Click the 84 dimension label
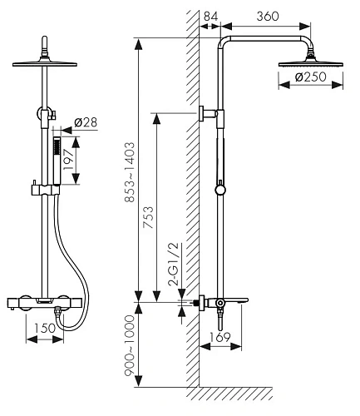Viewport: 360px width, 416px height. coord(210,16)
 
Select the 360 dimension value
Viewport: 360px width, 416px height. coord(268,16)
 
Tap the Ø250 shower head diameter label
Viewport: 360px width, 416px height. coord(311,77)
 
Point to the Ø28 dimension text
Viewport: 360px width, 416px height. coord(86,122)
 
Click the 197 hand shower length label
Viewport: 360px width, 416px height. coord(69,160)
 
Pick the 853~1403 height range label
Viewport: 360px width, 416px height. coord(130,172)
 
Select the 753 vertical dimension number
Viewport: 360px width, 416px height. coord(148,217)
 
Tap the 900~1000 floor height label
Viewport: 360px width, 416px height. coord(130,345)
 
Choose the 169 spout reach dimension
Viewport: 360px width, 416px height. coord(219,337)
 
